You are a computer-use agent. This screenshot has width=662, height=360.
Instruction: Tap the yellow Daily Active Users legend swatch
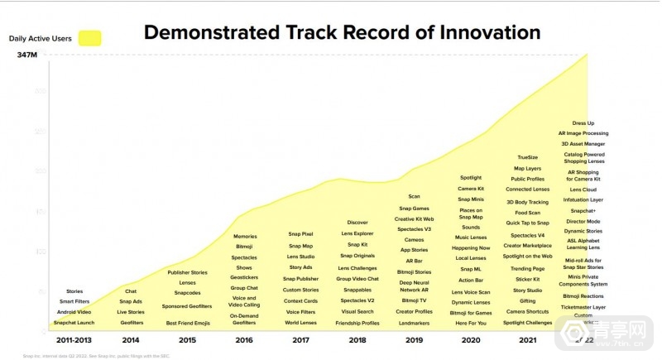coord(89,38)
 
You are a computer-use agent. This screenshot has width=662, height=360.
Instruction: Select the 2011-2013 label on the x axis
coord(74,339)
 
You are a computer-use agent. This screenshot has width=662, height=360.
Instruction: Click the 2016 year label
coord(244,339)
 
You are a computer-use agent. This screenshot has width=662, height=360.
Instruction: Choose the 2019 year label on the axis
coord(414,339)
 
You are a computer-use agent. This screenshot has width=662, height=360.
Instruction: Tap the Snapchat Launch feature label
coord(74,323)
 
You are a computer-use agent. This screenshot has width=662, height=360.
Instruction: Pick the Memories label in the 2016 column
coord(244,236)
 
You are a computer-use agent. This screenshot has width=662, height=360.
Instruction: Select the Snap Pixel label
coord(300,234)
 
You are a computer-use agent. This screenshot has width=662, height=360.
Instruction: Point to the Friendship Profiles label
coord(357,323)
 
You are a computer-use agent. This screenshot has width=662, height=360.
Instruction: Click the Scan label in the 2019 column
coord(414,196)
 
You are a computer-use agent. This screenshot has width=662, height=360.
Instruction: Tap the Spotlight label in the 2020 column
coord(471,177)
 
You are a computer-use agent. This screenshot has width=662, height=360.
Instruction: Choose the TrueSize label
coord(527,157)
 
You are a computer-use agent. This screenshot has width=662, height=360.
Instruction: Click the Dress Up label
coord(583,122)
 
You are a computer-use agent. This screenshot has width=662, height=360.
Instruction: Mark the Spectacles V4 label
coord(527,234)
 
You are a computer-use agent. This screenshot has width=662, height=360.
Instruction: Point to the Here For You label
coord(471,323)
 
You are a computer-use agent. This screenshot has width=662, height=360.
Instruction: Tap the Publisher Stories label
coord(187,272)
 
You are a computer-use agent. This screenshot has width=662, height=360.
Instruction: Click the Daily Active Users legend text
coord(39,38)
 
